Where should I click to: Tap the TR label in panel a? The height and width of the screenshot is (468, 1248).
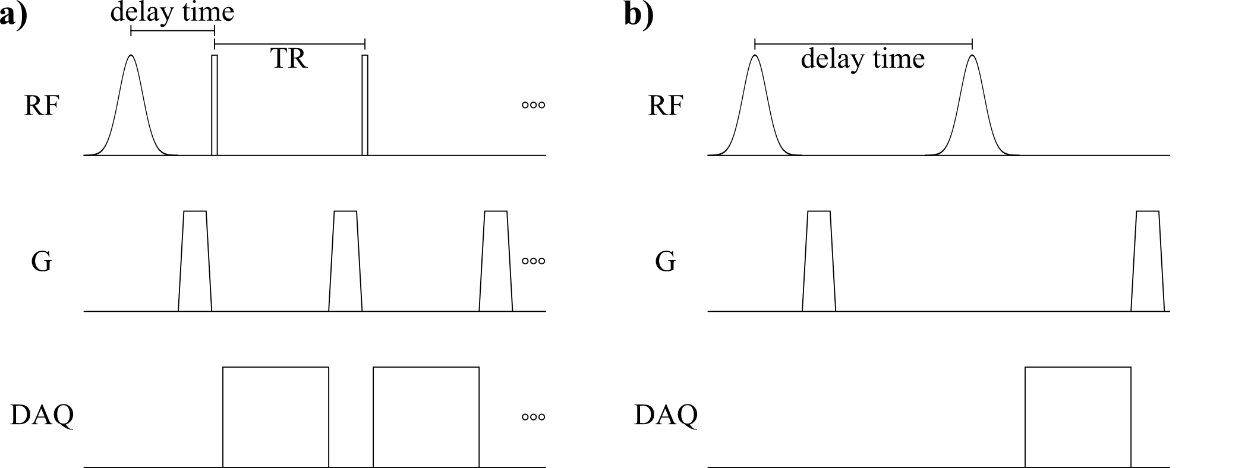pyautogui.click(x=289, y=59)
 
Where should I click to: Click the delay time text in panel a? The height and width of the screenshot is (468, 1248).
pyautogui.click(x=172, y=12)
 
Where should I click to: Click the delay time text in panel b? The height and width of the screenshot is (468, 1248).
pyautogui.click(x=863, y=59)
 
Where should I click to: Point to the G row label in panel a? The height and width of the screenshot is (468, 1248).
pyautogui.click(x=41, y=261)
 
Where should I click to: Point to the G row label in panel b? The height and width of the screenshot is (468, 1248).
pyautogui.click(x=666, y=261)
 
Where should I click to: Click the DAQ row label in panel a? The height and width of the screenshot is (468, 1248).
pyautogui.click(x=42, y=415)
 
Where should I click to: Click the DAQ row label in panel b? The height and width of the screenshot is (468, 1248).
pyautogui.click(x=666, y=415)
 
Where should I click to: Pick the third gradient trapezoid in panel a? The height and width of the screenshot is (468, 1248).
pyautogui.click(x=496, y=261)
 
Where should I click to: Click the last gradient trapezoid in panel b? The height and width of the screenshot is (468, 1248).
pyautogui.click(x=1148, y=261)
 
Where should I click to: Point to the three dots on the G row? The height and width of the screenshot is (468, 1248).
pyautogui.click(x=533, y=261)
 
